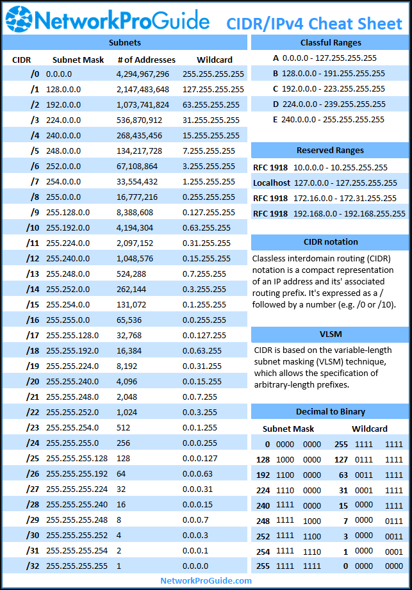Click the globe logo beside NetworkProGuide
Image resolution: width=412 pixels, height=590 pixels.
(x=19, y=19)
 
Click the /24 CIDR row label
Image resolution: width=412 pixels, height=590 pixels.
(x=33, y=443)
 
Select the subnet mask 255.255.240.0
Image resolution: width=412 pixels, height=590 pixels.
(x=72, y=382)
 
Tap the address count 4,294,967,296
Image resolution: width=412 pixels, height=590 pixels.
(x=143, y=74)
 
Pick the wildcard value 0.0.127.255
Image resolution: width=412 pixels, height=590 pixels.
(x=204, y=335)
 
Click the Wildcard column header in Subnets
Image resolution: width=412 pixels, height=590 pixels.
(x=215, y=60)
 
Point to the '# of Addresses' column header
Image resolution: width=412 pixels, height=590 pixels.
(x=146, y=60)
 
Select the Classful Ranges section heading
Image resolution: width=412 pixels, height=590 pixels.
(x=331, y=43)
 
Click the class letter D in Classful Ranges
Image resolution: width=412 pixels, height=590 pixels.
(x=276, y=104)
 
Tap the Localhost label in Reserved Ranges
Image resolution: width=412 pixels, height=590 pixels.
(x=272, y=183)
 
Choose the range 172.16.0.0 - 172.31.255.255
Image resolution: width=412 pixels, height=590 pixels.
(x=345, y=199)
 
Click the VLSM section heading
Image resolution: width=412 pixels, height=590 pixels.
(x=331, y=334)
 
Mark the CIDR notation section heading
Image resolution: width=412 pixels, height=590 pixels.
(x=331, y=242)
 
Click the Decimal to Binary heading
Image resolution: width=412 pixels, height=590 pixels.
(x=331, y=412)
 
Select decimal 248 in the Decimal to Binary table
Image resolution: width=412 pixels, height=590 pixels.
(x=263, y=521)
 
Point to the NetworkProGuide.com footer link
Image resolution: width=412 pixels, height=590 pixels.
(x=206, y=580)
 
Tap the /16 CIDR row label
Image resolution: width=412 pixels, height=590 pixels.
(x=33, y=320)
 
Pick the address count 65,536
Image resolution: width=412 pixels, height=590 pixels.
(x=129, y=320)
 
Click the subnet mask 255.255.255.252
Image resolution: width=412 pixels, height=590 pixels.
(x=77, y=535)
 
